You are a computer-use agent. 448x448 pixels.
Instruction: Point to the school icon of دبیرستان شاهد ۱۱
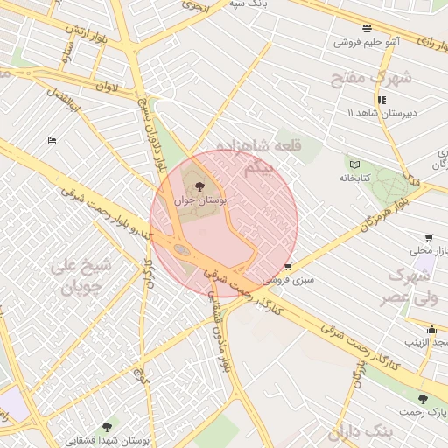coord(381,100)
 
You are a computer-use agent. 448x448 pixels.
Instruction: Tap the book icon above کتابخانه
coord(354,164)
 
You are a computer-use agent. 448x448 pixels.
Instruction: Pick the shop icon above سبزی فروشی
coord(288,267)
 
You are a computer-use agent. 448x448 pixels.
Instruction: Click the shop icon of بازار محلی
coord(428,237)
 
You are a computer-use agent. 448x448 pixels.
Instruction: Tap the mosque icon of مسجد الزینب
coord(431,330)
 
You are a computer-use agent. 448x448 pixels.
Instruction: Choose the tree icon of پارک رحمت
coord(423,399)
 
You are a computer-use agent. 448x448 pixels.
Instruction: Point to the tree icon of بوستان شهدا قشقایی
coord(107,427)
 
